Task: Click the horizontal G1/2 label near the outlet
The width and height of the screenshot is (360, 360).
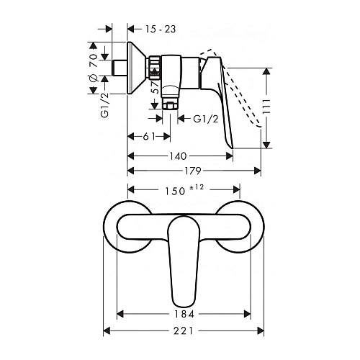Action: [x=207, y=120]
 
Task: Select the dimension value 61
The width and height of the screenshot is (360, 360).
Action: [x=141, y=135]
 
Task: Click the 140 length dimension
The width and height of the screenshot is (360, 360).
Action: [x=179, y=156]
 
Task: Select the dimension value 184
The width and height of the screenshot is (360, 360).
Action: [x=184, y=314]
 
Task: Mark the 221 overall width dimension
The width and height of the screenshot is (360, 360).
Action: [x=184, y=331]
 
